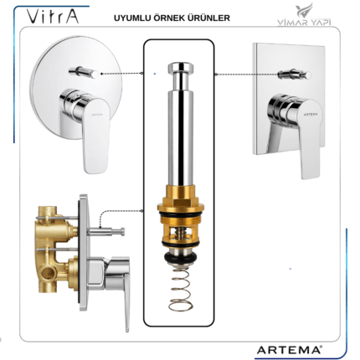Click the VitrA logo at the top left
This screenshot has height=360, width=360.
pyautogui.click(x=53, y=16)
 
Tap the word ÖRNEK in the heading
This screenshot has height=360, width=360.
pyautogui.click(x=172, y=18)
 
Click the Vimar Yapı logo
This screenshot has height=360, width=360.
pyautogui.click(x=304, y=16)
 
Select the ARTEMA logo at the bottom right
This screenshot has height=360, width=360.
pyautogui.click(x=289, y=350)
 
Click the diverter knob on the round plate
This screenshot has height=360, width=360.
pyautogui.click(x=84, y=73)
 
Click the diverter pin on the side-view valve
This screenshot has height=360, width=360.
pyautogui.click(x=106, y=231)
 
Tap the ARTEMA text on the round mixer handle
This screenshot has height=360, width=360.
pyautogui.click(x=97, y=114)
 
